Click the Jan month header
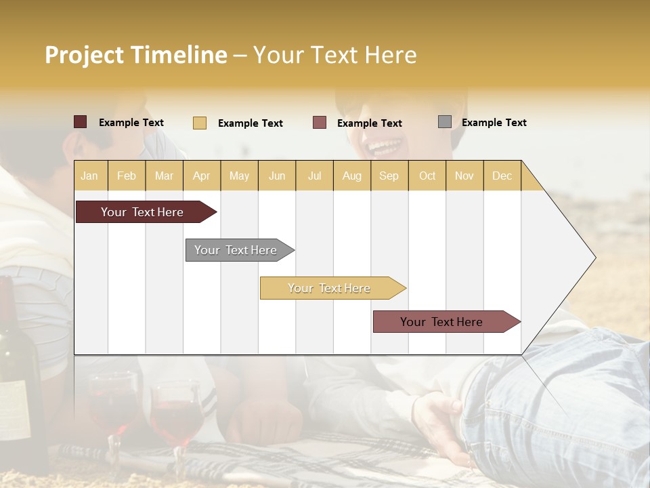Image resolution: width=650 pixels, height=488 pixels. click(89, 176)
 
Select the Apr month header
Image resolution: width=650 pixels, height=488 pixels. click(201, 176)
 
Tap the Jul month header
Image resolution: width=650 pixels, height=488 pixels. click(314, 176)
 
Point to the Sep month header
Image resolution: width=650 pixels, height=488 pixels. click(389, 176)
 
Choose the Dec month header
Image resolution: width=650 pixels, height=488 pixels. click(502, 176)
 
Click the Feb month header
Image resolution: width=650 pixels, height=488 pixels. click(127, 176)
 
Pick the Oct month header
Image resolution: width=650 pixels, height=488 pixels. click(427, 176)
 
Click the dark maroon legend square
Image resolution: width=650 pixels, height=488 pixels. click(81, 122)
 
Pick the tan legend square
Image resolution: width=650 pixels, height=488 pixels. click(200, 123)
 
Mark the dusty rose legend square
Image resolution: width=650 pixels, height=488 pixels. click(320, 123)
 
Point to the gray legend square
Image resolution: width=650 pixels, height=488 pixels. click(445, 122)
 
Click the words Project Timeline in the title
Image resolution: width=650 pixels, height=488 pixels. click(136, 55)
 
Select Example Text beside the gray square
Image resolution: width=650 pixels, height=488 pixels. click(494, 123)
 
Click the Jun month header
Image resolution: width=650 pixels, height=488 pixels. click(277, 176)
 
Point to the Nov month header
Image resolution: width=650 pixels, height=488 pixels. click(464, 176)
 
